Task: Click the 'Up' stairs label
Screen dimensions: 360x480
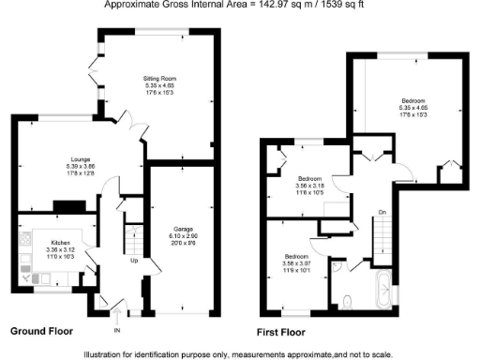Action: [134, 260]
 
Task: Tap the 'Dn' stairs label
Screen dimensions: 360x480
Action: [382, 213]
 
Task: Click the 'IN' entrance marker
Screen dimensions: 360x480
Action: [118, 331]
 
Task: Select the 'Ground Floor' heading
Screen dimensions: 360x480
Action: [41, 331]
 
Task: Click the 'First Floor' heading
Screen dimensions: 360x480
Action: [282, 332]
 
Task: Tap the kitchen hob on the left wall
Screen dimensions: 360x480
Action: [22, 247]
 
